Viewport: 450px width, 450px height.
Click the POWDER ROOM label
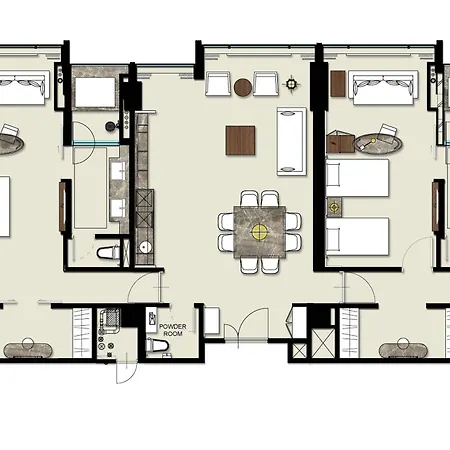click(x=173, y=330)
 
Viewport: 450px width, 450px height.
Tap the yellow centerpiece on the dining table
click(x=260, y=232)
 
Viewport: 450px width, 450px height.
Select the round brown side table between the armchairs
click(x=243, y=87)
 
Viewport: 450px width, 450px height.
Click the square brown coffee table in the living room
click(x=240, y=140)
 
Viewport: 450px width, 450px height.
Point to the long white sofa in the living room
click(x=292, y=141)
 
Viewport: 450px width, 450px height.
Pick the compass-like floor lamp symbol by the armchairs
click(x=291, y=83)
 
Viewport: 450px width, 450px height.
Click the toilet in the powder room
click(x=157, y=344)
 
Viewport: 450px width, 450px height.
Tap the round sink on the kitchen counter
click(x=145, y=247)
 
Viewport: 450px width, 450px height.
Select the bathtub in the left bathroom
click(x=95, y=92)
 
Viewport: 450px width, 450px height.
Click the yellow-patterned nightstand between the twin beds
click(x=334, y=207)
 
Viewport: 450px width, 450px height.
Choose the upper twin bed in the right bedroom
click(x=357, y=178)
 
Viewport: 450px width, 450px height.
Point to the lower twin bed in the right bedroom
click(x=357, y=236)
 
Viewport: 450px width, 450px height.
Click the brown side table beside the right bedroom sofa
click(x=338, y=84)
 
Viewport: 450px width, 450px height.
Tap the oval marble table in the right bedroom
click(x=378, y=144)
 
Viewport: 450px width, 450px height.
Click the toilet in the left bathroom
click(x=108, y=252)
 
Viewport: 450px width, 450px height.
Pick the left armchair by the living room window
click(x=218, y=83)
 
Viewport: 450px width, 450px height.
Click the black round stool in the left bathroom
click(x=110, y=126)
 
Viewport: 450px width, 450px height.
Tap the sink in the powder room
click(x=152, y=319)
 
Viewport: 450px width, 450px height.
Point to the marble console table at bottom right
click(x=403, y=350)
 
